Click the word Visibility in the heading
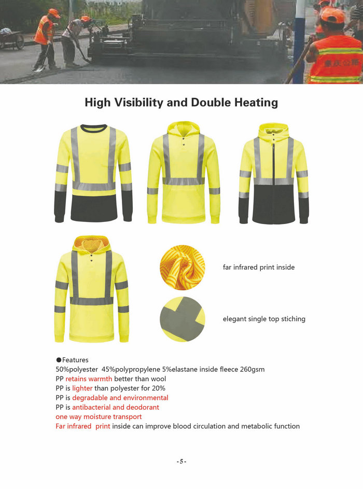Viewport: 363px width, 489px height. point(138,103)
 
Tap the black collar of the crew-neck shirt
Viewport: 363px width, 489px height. point(93,128)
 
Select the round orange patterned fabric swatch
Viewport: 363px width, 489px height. point(182,267)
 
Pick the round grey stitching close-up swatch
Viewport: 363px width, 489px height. point(182,319)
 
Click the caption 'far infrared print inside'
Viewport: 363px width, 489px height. point(258,268)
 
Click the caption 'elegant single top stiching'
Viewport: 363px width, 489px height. point(264,319)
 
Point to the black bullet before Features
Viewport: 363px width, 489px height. point(59,360)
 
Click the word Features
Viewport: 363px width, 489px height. point(75,360)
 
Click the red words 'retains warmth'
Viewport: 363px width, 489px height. point(89,379)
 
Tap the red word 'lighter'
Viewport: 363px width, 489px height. point(82,388)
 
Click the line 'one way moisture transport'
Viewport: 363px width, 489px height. point(99,416)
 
